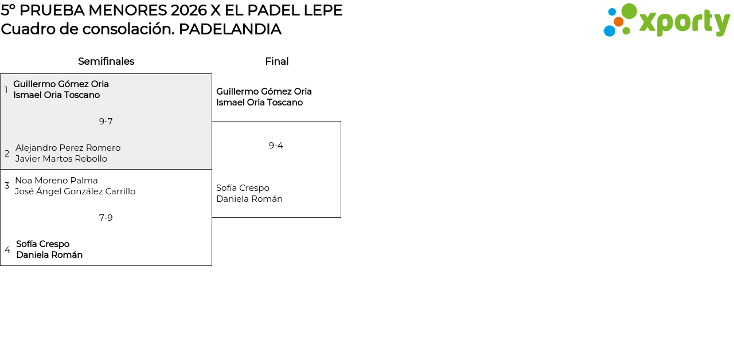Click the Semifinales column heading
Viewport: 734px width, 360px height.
[x=106, y=61]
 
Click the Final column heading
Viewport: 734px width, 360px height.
[x=276, y=61]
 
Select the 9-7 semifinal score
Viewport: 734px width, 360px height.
[x=106, y=122]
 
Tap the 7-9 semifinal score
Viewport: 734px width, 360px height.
[x=106, y=218]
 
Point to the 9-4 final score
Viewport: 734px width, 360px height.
[x=276, y=146]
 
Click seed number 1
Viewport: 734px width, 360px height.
[x=6, y=90]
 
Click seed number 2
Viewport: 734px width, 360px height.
[x=7, y=154]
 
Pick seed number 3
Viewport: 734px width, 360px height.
[x=7, y=186]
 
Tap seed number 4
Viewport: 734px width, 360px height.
[x=7, y=250]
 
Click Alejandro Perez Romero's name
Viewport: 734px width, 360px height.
[x=68, y=148]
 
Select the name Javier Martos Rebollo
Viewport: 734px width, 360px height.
[x=61, y=159]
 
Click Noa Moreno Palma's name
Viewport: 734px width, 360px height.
[x=56, y=181]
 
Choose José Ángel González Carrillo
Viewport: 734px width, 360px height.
[x=75, y=191]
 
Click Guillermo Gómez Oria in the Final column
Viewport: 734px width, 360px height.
[x=264, y=92]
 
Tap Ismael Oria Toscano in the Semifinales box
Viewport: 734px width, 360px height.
[x=56, y=95]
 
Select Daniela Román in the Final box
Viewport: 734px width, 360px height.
[x=249, y=199]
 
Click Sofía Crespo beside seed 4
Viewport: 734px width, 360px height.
[x=42, y=244]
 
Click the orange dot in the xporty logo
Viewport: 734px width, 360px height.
[x=618, y=22]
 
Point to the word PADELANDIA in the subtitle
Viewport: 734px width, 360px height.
[x=229, y=29]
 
